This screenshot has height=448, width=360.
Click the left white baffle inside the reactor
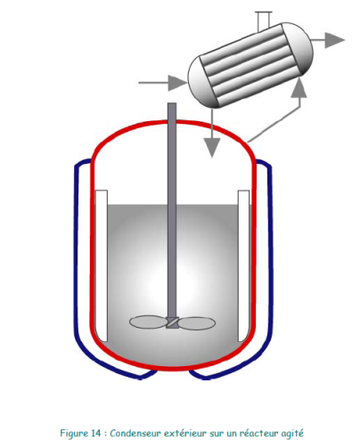101,265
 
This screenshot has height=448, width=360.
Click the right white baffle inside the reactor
243,265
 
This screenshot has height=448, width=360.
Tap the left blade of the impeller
148,322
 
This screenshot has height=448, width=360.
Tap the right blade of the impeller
197,323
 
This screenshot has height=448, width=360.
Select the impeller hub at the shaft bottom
172,322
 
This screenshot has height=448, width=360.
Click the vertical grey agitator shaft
172,210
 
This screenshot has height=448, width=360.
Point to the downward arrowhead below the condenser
211,148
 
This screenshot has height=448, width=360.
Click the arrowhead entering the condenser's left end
178,83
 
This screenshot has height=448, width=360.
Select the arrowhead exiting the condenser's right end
335,40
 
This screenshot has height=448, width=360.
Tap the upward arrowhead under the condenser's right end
299,88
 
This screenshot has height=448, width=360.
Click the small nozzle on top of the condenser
264,21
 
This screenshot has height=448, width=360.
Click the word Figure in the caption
74,434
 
